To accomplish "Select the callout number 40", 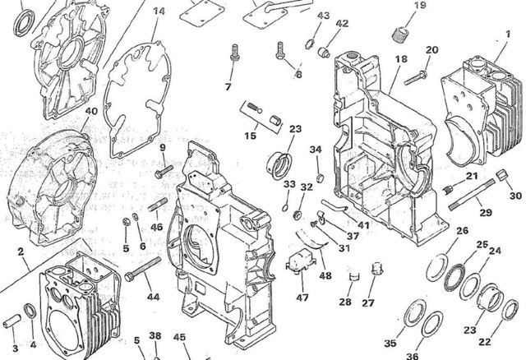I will click(x=91, y=111).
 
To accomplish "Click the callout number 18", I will click(x=401, y=59).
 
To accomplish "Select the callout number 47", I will click(x=303, y=298).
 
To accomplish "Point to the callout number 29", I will click(x=486, y=213).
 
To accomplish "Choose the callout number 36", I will click(x=412, y=356).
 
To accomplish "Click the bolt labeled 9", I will click(x=160, y=170).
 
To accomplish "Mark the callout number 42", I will click(x=342, y=24).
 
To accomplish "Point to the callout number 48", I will click(x=326, y=275).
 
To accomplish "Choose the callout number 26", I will click(x=462, y=231).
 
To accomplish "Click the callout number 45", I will click(x=179, y=336).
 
